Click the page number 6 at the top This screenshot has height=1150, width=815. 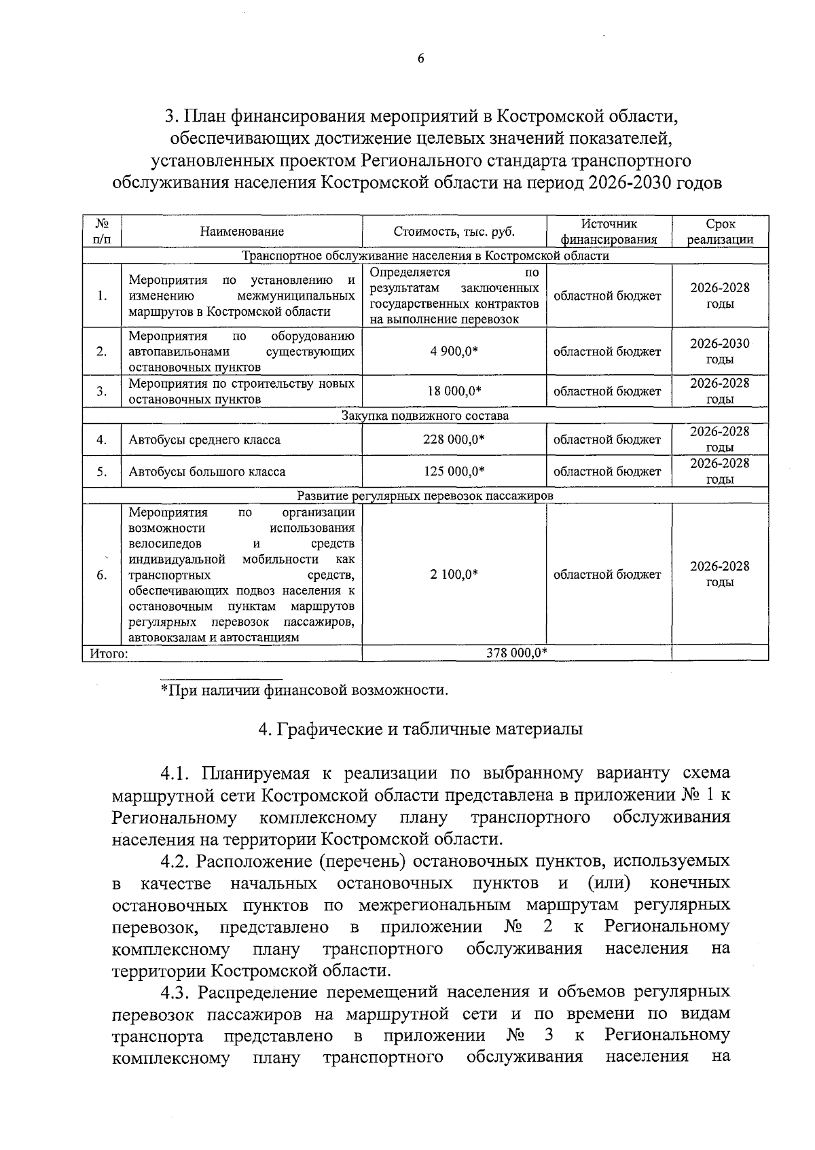(420, 59)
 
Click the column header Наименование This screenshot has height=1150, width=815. (242, 232)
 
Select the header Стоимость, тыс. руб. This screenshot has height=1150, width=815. (454, 232)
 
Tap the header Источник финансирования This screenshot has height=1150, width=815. (609, 232)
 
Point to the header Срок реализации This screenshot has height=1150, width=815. (720, 232)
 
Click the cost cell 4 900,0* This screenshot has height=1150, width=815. (454, 351)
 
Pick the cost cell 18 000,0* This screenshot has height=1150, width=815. (454, 391)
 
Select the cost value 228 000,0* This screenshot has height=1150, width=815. (454, 439)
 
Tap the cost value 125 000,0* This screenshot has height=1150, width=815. (454, 471)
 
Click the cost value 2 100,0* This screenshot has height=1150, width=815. (454, 575)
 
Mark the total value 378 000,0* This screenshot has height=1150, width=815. (517, 653)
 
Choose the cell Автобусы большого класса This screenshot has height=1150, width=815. (207, 472)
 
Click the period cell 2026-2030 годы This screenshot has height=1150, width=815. (720, 351)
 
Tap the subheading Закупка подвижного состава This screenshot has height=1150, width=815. (425, 416)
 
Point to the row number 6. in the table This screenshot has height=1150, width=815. (101, 575)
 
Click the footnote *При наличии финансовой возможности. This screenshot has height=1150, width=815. (304, 691)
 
